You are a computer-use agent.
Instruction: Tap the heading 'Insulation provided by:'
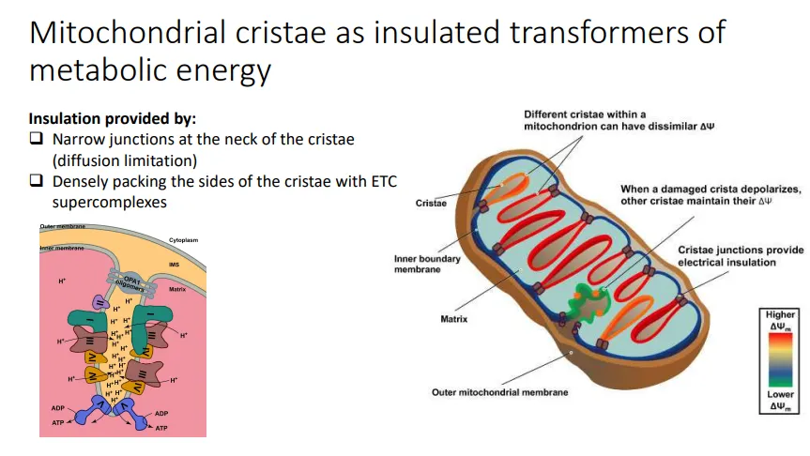pos(113,119)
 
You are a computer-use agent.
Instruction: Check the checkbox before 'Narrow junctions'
pos(37,139)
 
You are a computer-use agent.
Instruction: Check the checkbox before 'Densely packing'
pos(37,181)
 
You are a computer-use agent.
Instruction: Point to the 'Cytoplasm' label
pos(183,241)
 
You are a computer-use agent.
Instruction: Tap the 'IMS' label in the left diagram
pos(174,265)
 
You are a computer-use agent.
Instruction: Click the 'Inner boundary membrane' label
pos(427,265)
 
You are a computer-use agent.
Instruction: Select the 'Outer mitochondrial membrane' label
pos(499,392)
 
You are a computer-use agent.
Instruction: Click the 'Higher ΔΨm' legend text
pos(780,320)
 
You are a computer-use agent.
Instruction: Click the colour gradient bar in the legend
pos(780,359)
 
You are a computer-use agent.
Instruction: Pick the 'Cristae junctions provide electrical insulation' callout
pos(741,256)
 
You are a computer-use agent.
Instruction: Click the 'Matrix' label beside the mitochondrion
pos(454,319)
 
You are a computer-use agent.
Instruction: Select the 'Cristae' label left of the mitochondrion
pos(431,203)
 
